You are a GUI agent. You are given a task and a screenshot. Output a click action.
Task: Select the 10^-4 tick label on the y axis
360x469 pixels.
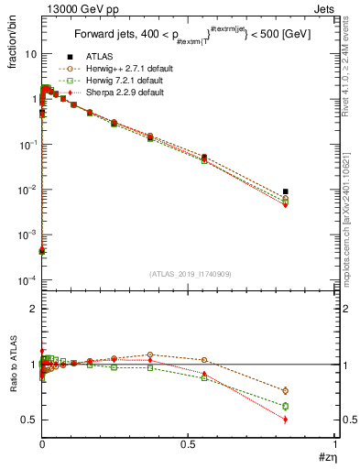pos(27,279)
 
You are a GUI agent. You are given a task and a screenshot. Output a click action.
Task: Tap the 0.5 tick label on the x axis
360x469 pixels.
pos(188,443)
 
